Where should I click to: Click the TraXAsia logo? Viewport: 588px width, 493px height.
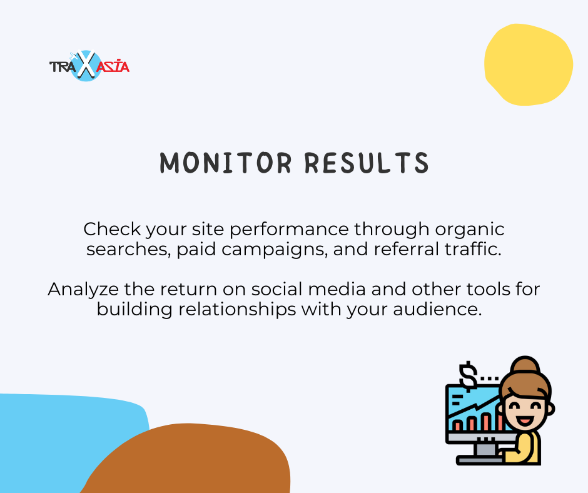[89, 66]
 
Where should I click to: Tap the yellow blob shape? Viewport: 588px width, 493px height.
[529, 64]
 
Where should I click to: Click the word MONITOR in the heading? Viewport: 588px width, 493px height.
[226, 163]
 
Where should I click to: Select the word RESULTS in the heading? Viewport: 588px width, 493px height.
[367, 163]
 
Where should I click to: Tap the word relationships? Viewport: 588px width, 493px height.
[237, 310]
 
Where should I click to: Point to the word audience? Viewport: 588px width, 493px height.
[437, 310]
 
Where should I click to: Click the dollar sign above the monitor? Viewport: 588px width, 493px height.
[469, 376]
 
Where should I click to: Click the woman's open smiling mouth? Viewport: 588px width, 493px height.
[525, 419]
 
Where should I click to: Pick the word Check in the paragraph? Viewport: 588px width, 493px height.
[112, 229]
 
